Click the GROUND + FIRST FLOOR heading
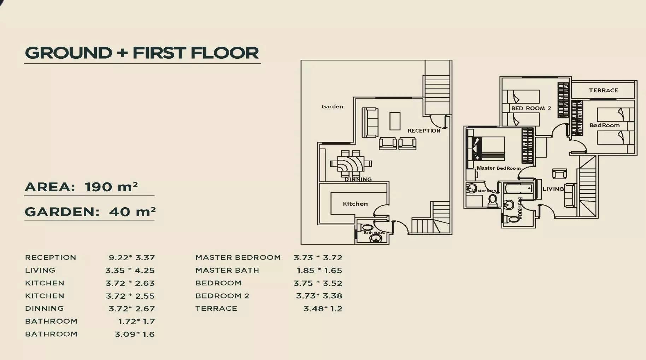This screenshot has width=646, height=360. pyautogui.click(x=142, y=53)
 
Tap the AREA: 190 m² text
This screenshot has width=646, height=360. pyautogui.click(x=81, y=187)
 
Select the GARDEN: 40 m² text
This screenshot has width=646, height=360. pyautogui.click(x=90, y=212)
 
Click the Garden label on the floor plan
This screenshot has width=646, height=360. pyautogui.click(x=332, y=106)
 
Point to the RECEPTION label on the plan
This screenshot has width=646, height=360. pyautogui.click(x=424, y=130)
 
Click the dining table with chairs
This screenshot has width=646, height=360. pyautogui.click(x=351, y=164)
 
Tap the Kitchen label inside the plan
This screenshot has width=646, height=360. pyautogui.click(x=355, y=204)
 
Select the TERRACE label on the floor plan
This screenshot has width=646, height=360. pyautogui.click(x=603, y=91)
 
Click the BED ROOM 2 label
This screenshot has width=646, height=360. pyautogui.click(x=531, y=108)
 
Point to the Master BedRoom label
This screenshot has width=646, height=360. pyautogui.click(x=498, y=168)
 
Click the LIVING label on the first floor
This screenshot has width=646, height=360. pyautogui.click(x=553, y=189)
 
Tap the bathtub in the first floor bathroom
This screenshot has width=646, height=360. pyautogui.click(x=518, y=188)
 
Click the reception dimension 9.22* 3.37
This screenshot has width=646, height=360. pyautogui.click(x=131, y=257)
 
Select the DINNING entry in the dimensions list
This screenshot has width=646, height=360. pyautogui.click(x=45, y=308)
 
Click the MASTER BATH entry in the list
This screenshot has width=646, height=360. pyautogui.click(x=227, y=270)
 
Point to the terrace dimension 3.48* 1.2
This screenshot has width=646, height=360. pyautogui.click(x=323, y=308)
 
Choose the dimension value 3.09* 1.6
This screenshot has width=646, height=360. pyautogui.click(x=134, y=334)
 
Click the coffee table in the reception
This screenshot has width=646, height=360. pyautogui.click(x=395, y=121)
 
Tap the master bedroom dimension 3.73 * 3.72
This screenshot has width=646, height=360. pyautogui.click(x=318, y=257)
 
